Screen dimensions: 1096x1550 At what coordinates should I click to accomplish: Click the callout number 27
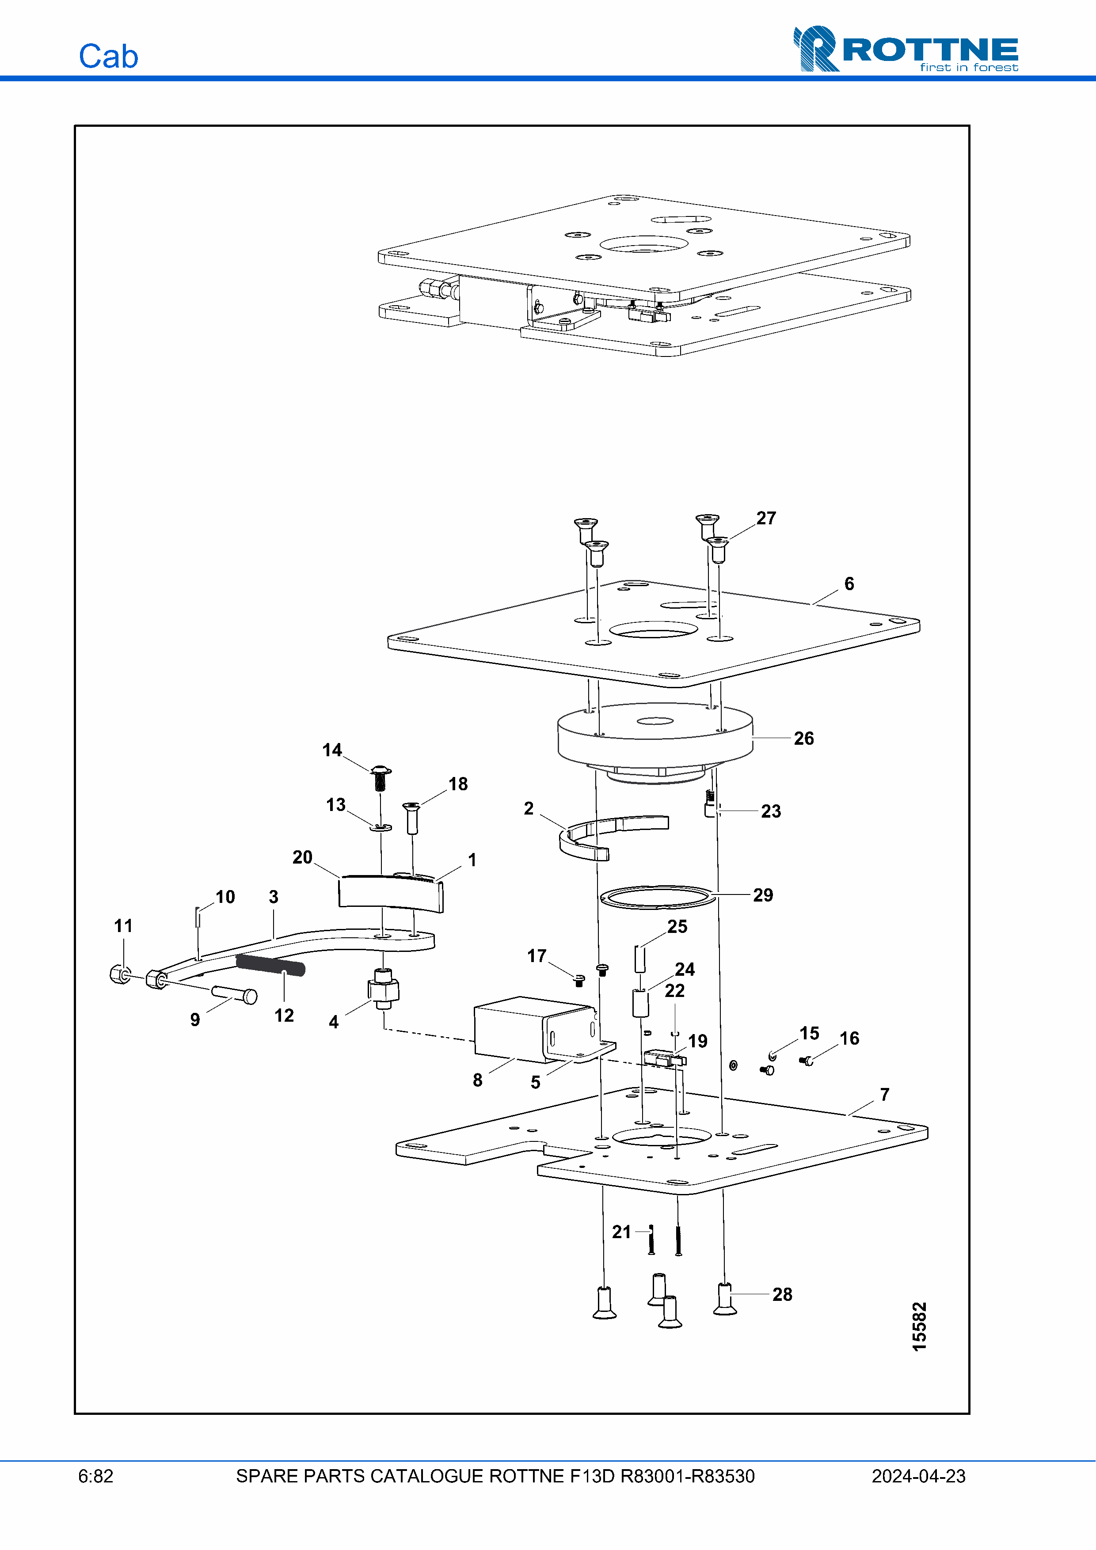[766, 518]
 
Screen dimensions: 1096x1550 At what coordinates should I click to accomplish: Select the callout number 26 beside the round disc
[803, 738]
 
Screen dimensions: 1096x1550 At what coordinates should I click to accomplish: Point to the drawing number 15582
[919, 1326]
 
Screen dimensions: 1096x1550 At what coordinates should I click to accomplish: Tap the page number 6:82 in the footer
[96, 1476]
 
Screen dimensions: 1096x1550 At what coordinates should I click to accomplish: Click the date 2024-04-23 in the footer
[918, 1476]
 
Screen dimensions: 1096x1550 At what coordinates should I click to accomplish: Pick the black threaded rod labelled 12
[270, 965]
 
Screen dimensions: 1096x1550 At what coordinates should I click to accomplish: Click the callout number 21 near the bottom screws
[621, 1232]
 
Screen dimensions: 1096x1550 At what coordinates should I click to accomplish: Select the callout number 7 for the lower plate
[885, 1094]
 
